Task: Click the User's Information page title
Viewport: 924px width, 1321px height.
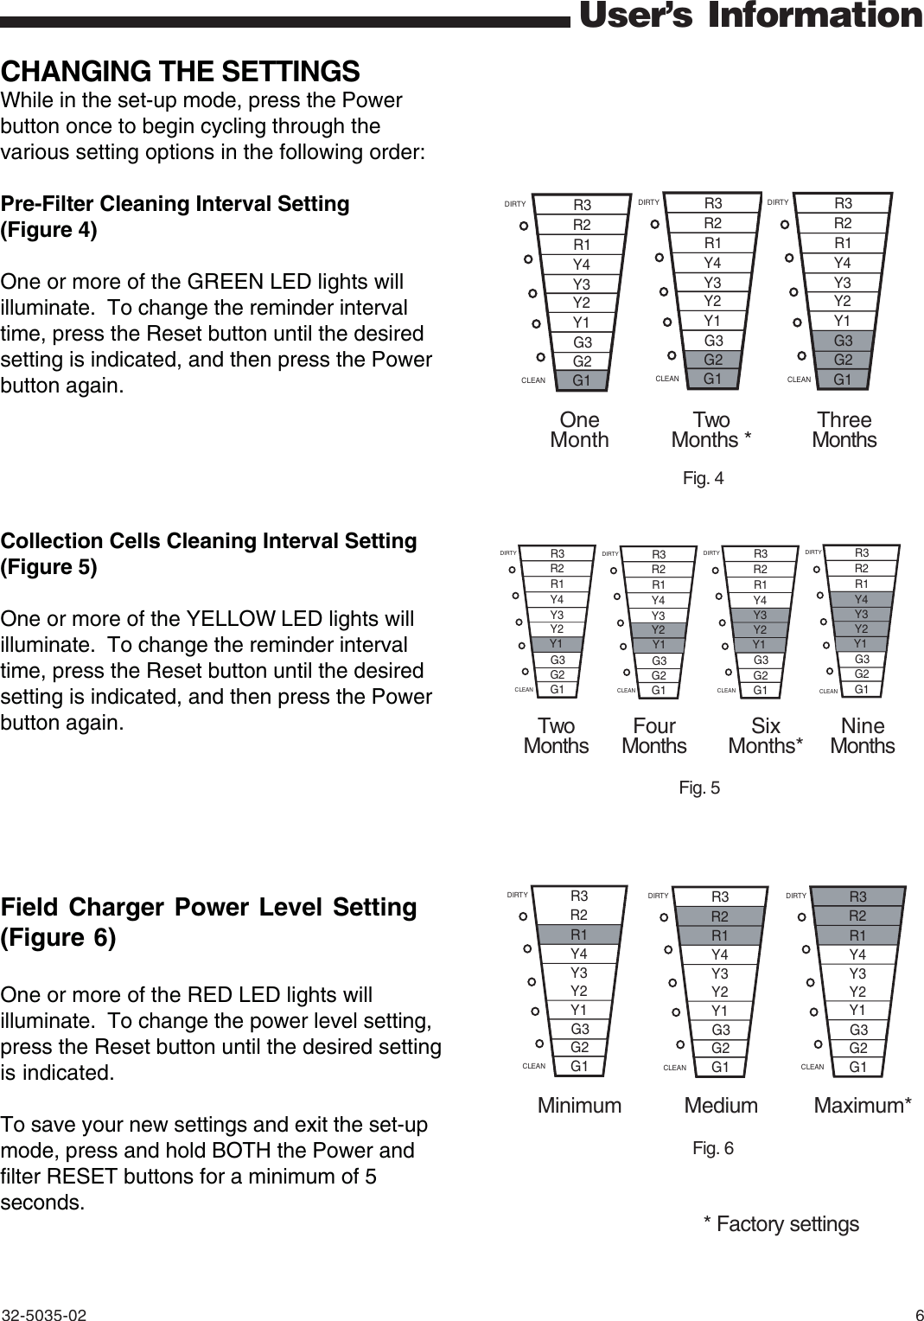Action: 749,16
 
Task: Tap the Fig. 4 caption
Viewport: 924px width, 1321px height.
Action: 703,479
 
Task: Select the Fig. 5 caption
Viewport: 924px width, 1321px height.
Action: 699,788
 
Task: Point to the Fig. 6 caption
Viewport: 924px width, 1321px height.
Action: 713,1148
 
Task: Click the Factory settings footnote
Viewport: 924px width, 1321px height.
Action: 781,1224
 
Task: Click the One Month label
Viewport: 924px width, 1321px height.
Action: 579,430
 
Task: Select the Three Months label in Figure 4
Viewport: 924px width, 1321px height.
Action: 844,430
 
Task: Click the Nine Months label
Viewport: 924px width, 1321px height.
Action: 862,736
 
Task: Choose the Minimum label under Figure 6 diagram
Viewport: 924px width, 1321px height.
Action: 579,1106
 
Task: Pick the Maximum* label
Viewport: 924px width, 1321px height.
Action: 863,1106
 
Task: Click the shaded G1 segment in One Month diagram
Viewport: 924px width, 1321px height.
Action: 582,380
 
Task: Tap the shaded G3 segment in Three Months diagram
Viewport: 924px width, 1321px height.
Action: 843,341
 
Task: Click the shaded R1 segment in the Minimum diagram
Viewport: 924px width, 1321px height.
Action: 579,935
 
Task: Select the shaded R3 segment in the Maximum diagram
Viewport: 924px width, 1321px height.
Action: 858,897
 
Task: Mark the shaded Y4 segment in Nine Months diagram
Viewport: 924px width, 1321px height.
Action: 861,599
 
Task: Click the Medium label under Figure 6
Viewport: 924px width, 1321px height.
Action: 721,1106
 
